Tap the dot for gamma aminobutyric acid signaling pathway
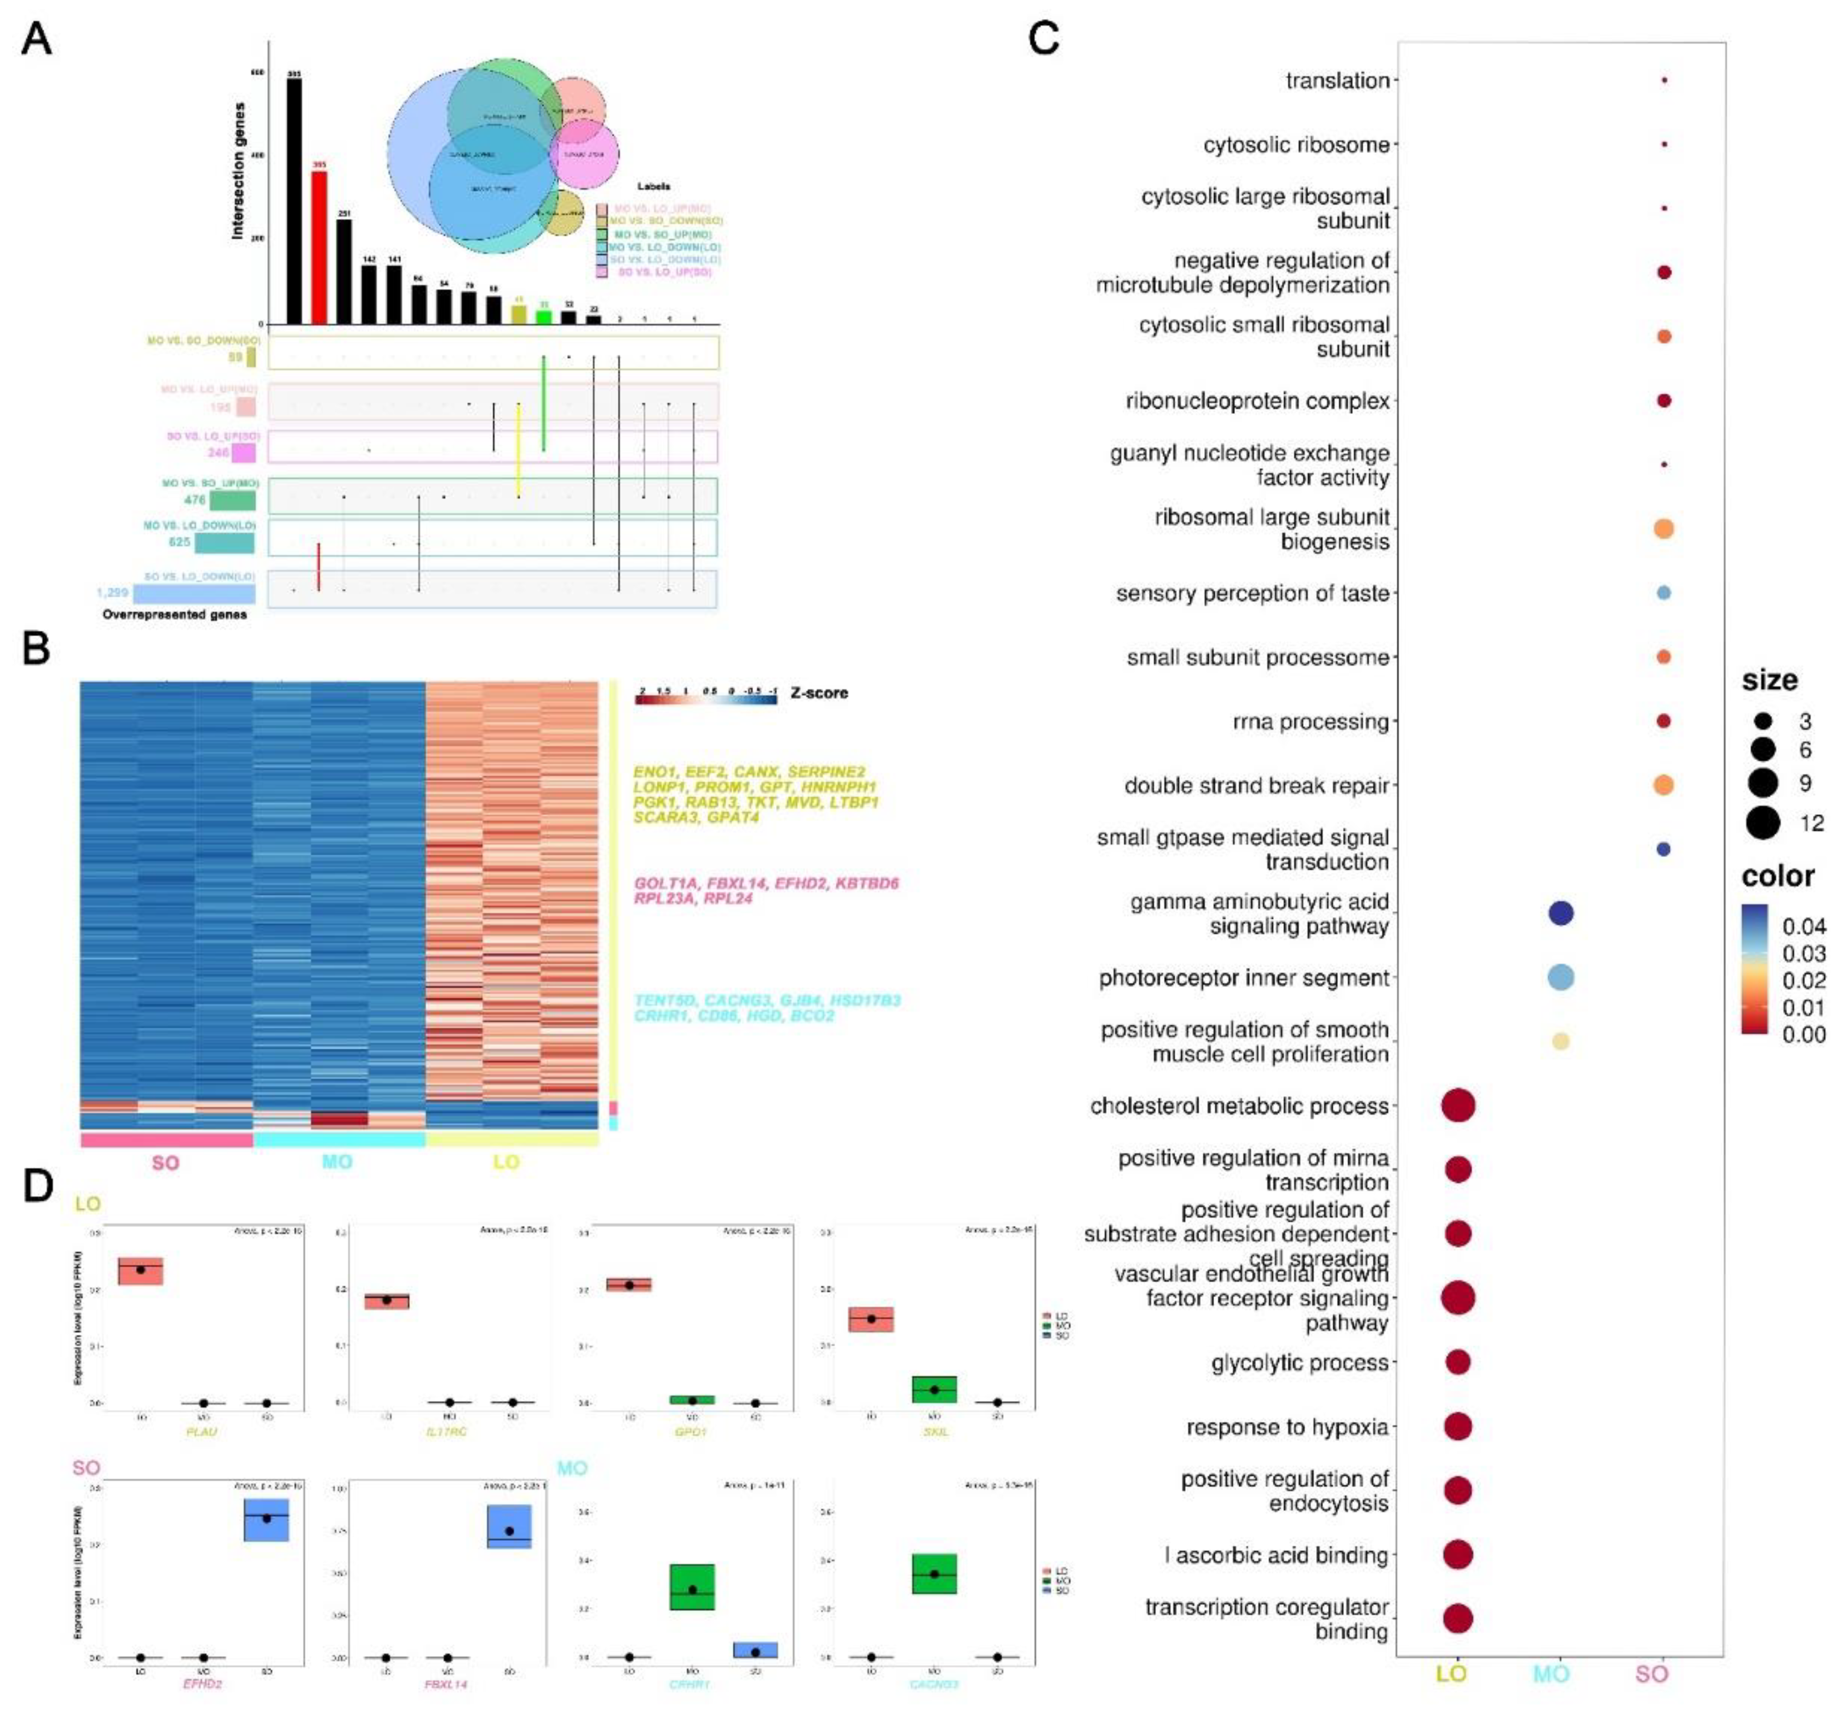point(1561,913)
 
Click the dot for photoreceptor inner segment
point(1561,977)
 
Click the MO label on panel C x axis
point(1552,1674)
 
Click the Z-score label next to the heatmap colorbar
point(819,693)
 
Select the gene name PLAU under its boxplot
point(202,1431)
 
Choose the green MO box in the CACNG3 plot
point(934,1573)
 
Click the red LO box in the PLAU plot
point(141,1271)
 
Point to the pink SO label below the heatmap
point(165,1162)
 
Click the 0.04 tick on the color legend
point(1803,926)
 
